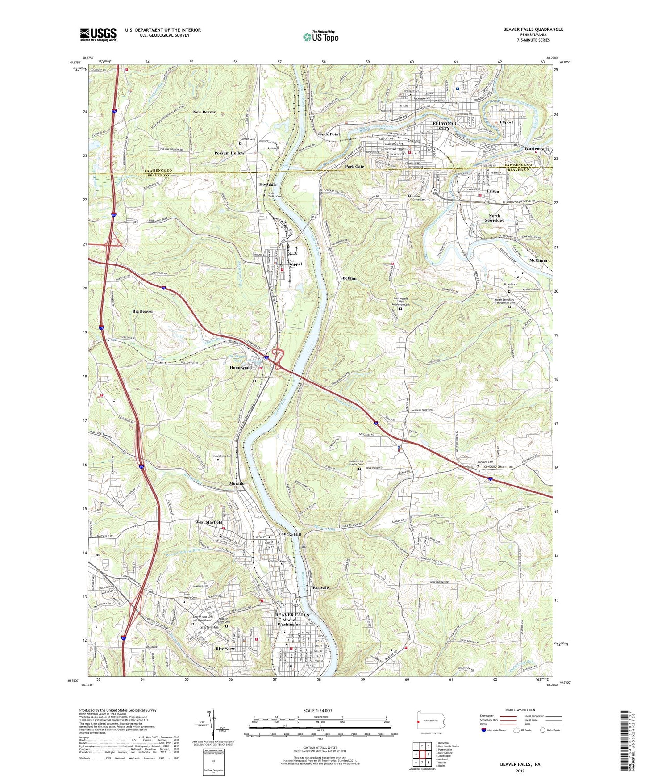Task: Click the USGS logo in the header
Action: [x=98, y=34]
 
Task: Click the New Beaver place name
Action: [x=204, y=112]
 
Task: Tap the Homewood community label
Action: [x=241, y=368]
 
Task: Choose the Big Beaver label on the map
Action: [x=143, y=311]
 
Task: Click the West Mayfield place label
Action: [x=208, y=522]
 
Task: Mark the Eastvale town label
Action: [x=320, y=588]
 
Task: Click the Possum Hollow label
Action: [x=229, y=153]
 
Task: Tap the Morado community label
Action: [x=237, y=484]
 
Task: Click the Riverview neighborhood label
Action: [x=225, y=648]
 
